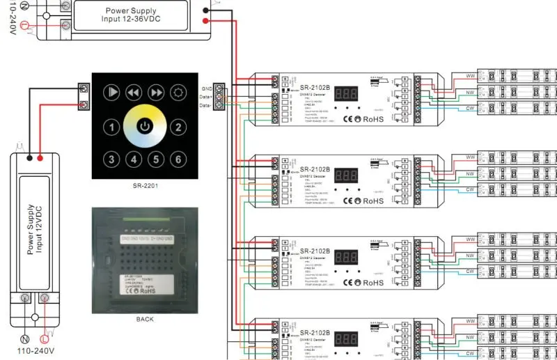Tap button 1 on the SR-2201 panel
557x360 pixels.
111,127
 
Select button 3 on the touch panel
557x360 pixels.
111,159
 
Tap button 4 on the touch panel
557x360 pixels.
134,159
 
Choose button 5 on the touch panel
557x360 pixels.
157,159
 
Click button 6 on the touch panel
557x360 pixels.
178,159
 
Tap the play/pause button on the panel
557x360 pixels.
111,92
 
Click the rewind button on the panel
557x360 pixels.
134,92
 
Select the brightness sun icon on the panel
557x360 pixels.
178,92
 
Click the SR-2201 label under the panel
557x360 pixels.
144,187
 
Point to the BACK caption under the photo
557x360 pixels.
144,319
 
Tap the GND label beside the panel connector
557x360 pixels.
207,89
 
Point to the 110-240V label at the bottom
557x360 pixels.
36,352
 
